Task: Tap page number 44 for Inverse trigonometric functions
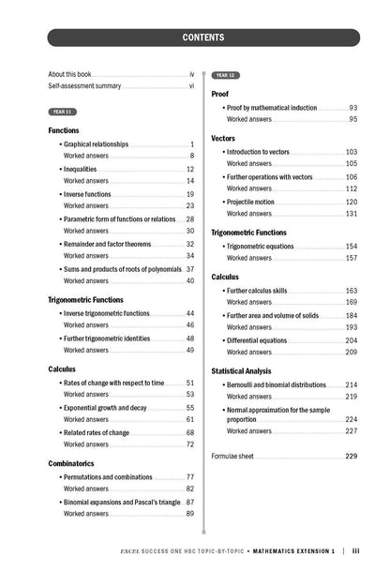click(190, 313)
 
